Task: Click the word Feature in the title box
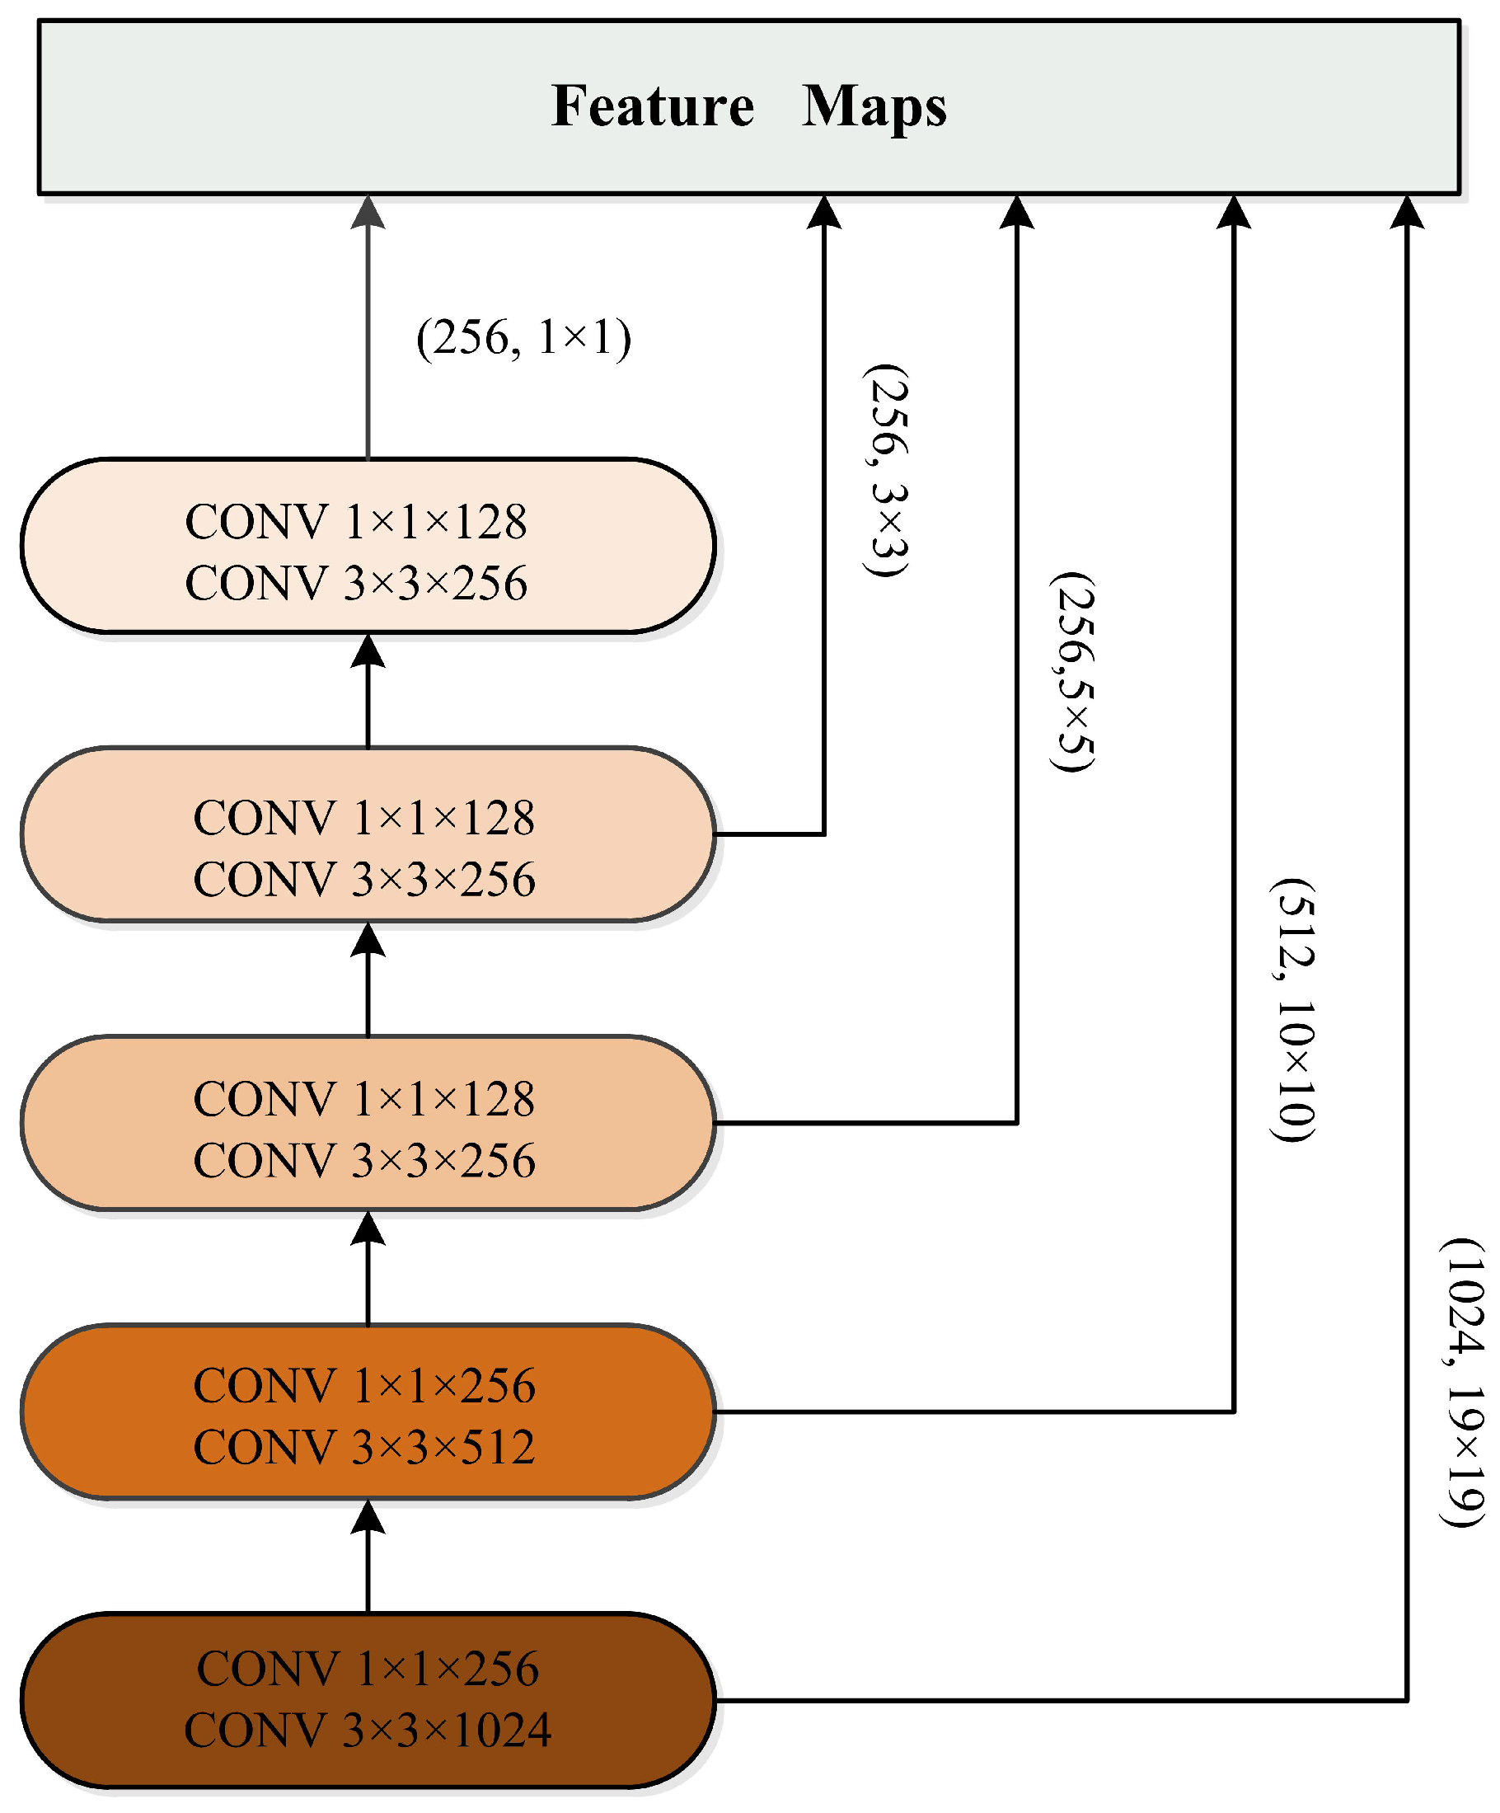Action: coord(652,106)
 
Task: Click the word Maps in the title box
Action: coord(874,106)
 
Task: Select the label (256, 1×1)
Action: coord(523,337)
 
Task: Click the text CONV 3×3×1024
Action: coord(368,1729)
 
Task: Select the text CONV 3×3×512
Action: coord(364,1446)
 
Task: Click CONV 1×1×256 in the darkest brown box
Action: coord(368,1668)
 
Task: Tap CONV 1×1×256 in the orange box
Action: coord(364,1385)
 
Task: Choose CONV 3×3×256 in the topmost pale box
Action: coord(355,583)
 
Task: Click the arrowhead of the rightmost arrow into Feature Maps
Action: coord(1407,213)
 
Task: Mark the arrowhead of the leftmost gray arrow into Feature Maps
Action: coord(368,213)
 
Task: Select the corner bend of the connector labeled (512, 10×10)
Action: coord(1234,1411)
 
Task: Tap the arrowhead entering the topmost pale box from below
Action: coord(368,651)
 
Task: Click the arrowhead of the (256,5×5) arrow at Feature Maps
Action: coord(1017,213)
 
